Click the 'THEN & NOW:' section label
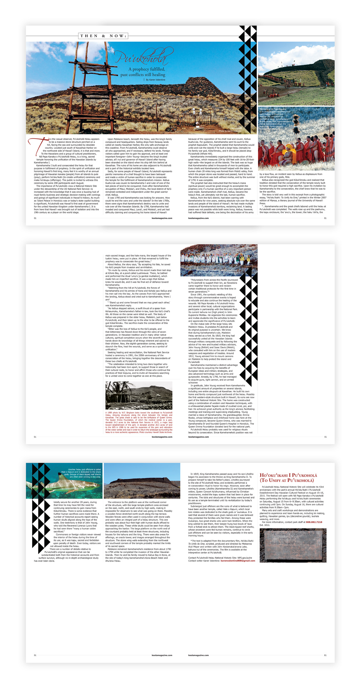103,36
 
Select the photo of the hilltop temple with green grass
296,73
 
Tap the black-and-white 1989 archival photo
139,395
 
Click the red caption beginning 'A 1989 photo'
139,422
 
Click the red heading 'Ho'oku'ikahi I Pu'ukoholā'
288,478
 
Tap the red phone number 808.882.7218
314,531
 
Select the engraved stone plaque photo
293,545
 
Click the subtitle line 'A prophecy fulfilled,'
147,69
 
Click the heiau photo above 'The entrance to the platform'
142,481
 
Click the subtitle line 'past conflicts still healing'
143,75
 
